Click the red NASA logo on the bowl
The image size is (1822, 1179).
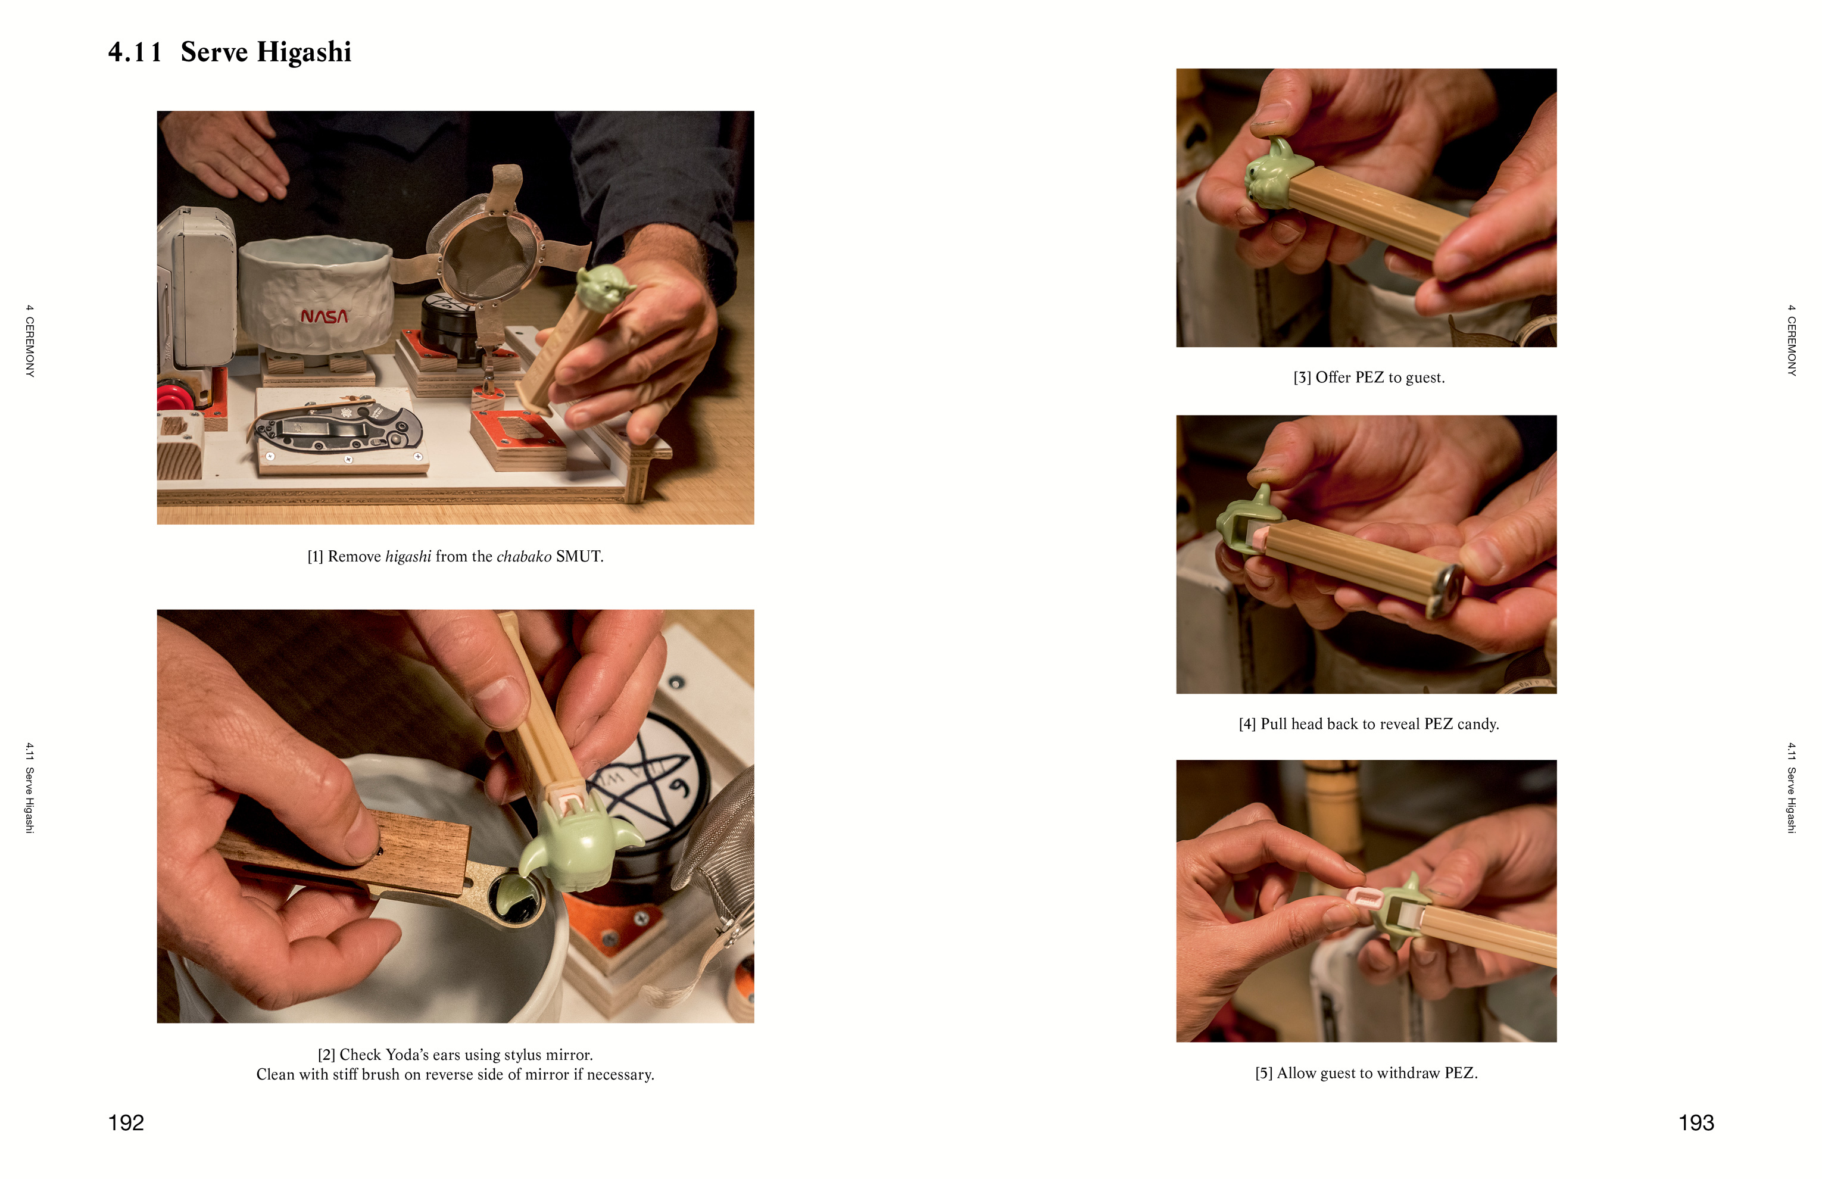(324, 316)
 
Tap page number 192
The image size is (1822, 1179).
(126, 1122)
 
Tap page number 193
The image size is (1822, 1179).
(1696, 1122)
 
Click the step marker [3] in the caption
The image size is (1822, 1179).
(1302, 378)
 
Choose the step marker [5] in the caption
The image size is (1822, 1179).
(1264, 1074)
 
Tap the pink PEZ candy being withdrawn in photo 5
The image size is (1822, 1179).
(1364, 898)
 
